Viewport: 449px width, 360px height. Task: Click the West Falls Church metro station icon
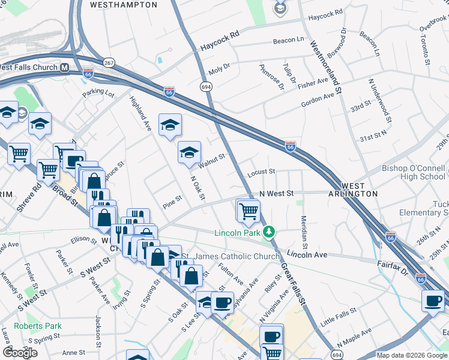[63, 68]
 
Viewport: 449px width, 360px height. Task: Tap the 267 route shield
[109, 62]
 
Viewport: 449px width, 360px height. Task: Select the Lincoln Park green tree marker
[270, 232]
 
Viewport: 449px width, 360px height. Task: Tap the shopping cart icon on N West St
[248, 211]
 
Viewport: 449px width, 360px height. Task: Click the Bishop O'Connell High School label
[414, 172]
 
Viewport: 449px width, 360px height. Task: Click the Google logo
[20, 352]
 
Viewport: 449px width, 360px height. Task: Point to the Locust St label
[261, 172]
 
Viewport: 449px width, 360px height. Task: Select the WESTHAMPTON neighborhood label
[123, 5]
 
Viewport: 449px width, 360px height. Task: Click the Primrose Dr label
[272, 77]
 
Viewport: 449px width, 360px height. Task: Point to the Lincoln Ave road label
[307, 254]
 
